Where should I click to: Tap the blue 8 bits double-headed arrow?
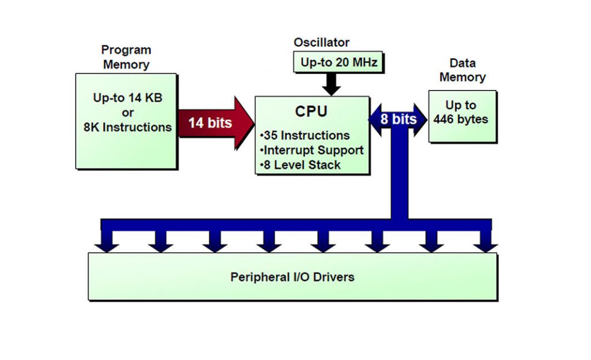(x=398, y=120)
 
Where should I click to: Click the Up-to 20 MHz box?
(x=339, y=62)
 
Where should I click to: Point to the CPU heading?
(x=312, y=111)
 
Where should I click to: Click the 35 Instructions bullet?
(x=306, y=136)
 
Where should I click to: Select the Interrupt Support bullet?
(x=313, y=150)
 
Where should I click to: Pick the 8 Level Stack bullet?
(x=301, y=165)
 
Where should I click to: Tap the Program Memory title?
(x=126, y=57)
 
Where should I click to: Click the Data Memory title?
(x=462, y=70)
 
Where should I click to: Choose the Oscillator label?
(x=321, y=43)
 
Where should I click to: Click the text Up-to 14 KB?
(x=128, y=98)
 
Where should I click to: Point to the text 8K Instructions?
(x=128, y=127)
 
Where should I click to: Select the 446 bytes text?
(x=461, y=120)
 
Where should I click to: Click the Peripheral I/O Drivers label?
(x=292, y=277)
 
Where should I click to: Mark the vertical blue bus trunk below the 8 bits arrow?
(x=399, y=179)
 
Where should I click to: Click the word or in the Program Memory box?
(x=128, y=112)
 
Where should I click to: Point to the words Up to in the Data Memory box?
(x=461, y=105)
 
